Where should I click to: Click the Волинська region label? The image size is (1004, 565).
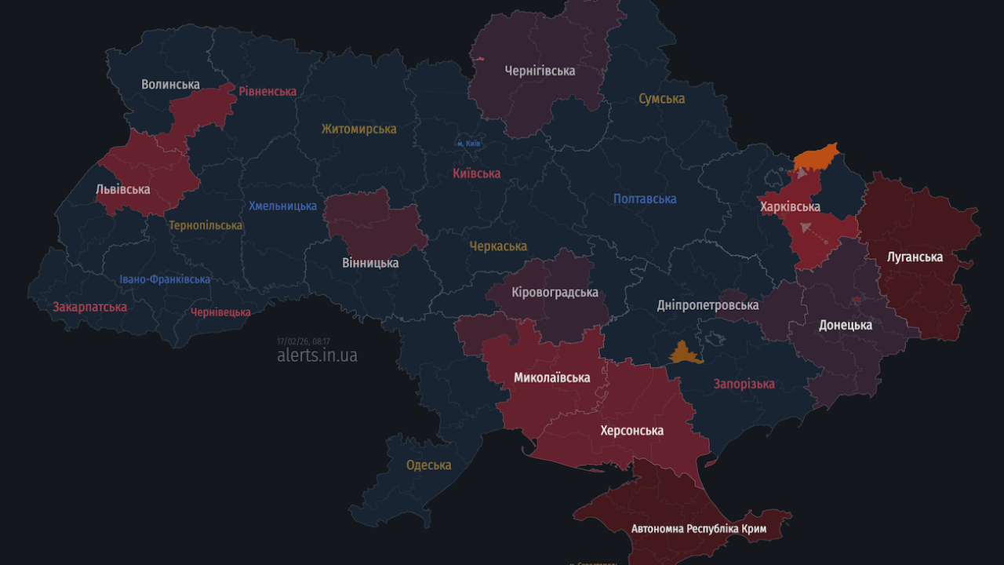[170, 84]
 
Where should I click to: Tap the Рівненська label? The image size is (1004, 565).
[267, 91]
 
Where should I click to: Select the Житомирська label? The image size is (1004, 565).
[358, 129]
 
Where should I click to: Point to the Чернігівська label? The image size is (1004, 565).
[540, 71]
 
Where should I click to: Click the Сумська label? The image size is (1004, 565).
[661, 99]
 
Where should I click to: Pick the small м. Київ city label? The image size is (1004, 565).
[468, 144]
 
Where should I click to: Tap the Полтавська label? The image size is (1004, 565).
[644, 199]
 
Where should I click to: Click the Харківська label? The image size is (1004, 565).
[790, 207]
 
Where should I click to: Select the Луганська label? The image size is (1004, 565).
[915, 257]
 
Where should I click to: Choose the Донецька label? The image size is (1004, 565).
[846, 325]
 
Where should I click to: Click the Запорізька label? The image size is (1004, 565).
[744, 384]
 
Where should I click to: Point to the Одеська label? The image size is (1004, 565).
[428, 465]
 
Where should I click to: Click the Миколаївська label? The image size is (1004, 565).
[551, 377]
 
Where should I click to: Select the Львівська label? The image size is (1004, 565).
[122, 189]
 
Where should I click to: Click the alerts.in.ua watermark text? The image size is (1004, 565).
[317, 355]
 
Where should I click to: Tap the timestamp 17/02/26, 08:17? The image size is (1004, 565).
[303, 341]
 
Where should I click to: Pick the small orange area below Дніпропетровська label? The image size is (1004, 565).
[684, 354]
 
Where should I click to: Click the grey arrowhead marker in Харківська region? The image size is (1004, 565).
[805, 228]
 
